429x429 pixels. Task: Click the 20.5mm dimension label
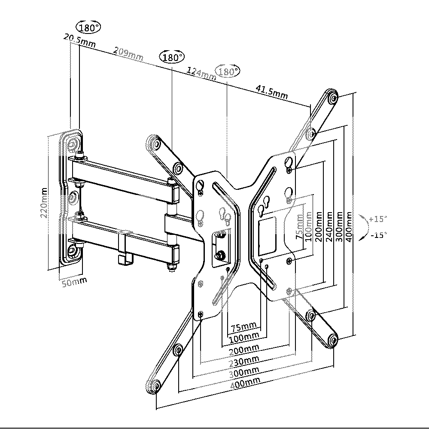tap(79, 40)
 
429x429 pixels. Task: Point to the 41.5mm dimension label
tap(272, 91)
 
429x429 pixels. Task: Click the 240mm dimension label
tap(329, 227)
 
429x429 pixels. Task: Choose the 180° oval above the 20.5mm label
tap(88, 28)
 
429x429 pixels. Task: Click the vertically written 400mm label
tap(350, 226)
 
